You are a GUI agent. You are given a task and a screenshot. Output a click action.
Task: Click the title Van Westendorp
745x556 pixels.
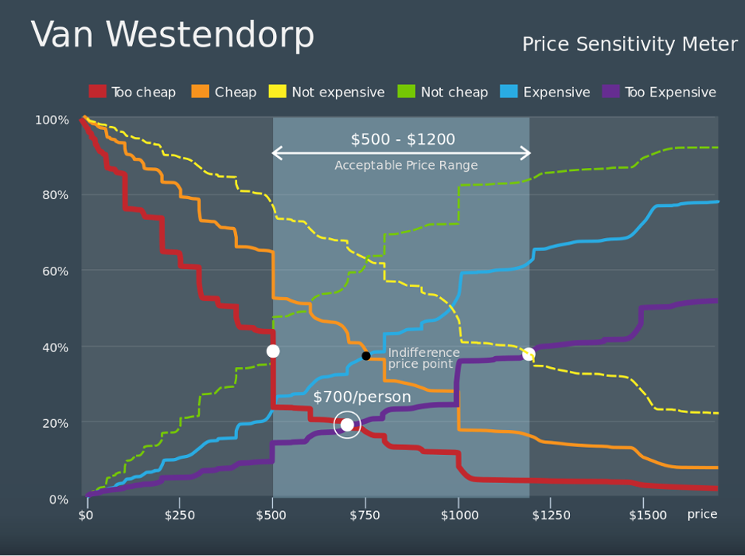coord(173,36)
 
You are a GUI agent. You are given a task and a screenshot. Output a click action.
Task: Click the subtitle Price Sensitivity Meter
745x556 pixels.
coord(629,45)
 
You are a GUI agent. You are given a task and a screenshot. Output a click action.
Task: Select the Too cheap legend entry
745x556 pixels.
coord(132,92)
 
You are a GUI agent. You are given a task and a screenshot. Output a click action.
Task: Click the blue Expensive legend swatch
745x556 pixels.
coord(511,92)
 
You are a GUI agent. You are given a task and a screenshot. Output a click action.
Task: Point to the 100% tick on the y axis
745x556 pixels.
coord(52,120)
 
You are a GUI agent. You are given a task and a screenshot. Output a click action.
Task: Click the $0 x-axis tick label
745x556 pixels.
coord(86,515)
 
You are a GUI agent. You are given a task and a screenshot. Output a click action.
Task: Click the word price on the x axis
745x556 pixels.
coord(701,515)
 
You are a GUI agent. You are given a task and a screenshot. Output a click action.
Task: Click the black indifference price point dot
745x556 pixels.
coord(366,356)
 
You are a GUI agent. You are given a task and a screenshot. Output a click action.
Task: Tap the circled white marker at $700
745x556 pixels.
coord(347,425)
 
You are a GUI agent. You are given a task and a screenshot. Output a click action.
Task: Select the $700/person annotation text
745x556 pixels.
coord(362,397)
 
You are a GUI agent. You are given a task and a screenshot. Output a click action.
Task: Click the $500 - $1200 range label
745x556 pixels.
coord(403,140)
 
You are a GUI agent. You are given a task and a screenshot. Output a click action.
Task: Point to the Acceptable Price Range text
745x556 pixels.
coord(406,166)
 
